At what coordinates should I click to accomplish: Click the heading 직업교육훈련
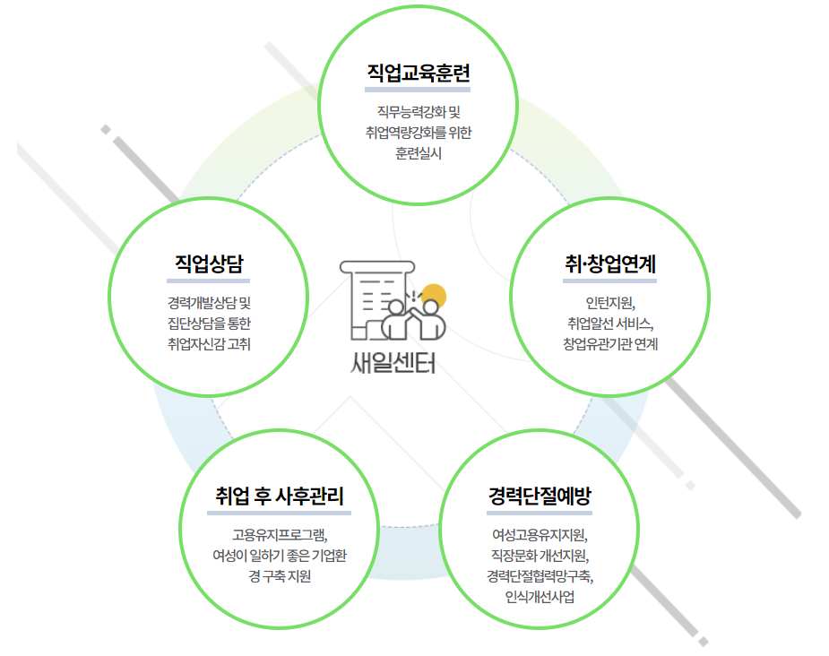[x=419, y=73]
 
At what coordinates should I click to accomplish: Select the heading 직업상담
[x=209, y=263]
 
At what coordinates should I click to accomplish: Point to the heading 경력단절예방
[x=540, y=496]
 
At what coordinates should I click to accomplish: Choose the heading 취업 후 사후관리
[x=280, y=496]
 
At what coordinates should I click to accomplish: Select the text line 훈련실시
[x=419, y=152]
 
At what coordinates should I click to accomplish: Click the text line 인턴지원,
[x=609, y=302]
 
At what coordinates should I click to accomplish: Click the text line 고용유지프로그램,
[x=280, y=535]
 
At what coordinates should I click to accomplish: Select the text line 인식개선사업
[x=540, y=596]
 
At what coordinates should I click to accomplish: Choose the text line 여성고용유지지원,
[x=540, y=536]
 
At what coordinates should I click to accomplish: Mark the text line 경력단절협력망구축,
[x=540, y=575]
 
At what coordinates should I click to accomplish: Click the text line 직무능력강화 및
[x=419, y=112]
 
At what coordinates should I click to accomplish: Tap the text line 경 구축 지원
[x=280, y=575]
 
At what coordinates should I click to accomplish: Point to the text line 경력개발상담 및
[x=209, y=302]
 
